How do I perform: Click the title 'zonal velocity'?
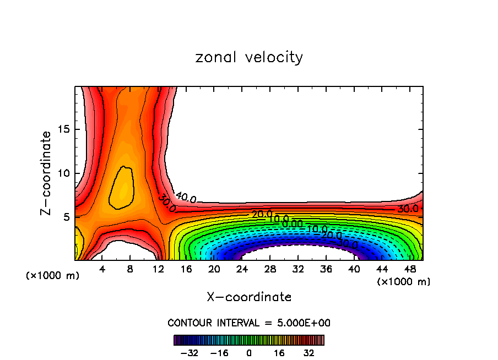tap(249, 57)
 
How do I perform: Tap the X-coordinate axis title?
tap(249, 297)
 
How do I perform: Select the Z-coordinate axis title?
tap(47, 173)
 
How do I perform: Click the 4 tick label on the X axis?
tap(102, 270)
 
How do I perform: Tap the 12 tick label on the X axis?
tap(158, 270)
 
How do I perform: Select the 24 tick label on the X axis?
tap(242, 270)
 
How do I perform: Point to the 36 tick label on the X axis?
tap(326, 270)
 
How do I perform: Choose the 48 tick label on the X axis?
tap(409, 270)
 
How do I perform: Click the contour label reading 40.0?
tap(186, 197)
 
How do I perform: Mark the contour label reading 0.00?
tap(292, 223)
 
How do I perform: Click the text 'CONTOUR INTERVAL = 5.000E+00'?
tap(249, 323)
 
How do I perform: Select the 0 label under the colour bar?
tap(249, 353)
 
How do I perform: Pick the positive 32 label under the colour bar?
tap(309, 353)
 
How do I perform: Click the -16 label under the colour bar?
tap(219, 353)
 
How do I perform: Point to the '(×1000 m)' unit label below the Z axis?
tap(53, 275)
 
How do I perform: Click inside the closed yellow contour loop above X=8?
tap(122, 188)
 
